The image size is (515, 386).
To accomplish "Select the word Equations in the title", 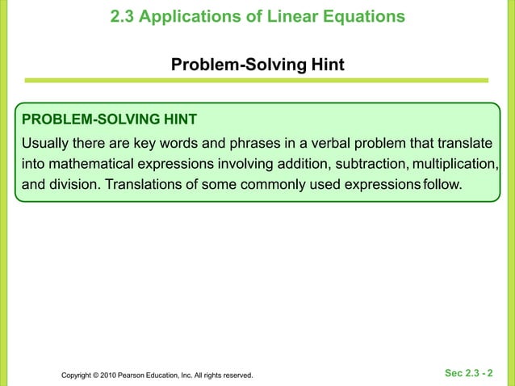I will (x=365, y=16).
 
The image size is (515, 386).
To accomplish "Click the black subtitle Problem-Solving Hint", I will (x=257, y=64).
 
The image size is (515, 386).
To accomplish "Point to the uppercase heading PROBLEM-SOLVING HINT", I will (x=109, y=120).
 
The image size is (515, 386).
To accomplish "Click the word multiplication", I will (x=454, y=165).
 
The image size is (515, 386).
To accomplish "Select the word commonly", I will (x=267, y=185).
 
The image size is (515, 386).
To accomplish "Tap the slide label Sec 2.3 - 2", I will (x=470, y=373).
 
